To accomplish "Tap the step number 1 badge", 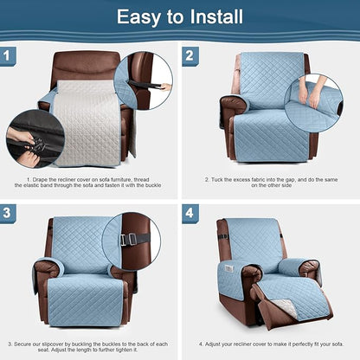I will pyautogui.click(x=10, y=56).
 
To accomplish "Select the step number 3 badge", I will pyautogui.click(x=10, y=213).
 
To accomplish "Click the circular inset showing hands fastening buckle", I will pyautogui.click(x=35, y=138).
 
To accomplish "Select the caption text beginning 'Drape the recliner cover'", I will pyautogui.click(x=90, y=183).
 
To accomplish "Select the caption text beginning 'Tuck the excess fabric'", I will pyautogui.click(x=270, y=183).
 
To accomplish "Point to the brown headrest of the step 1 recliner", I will pyautogui.click(x=87, y=65).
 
